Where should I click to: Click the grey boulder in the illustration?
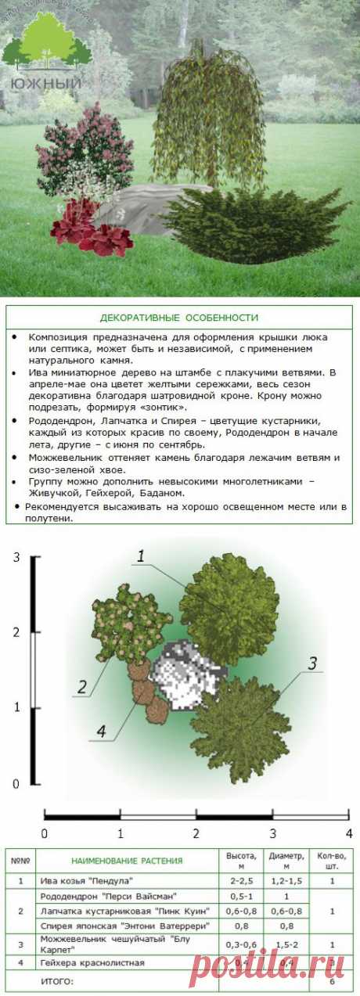(x=141, y=207)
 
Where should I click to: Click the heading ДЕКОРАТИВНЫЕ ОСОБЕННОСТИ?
(x=179, y=318)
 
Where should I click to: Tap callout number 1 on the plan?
(x=142, y=556)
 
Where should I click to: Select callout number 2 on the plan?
(x=81, y=688)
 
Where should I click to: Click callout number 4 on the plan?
(x=100, y=732)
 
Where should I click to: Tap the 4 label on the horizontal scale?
(x=348, y=832)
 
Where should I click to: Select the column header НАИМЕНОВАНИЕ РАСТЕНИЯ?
(x=127, y=861)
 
